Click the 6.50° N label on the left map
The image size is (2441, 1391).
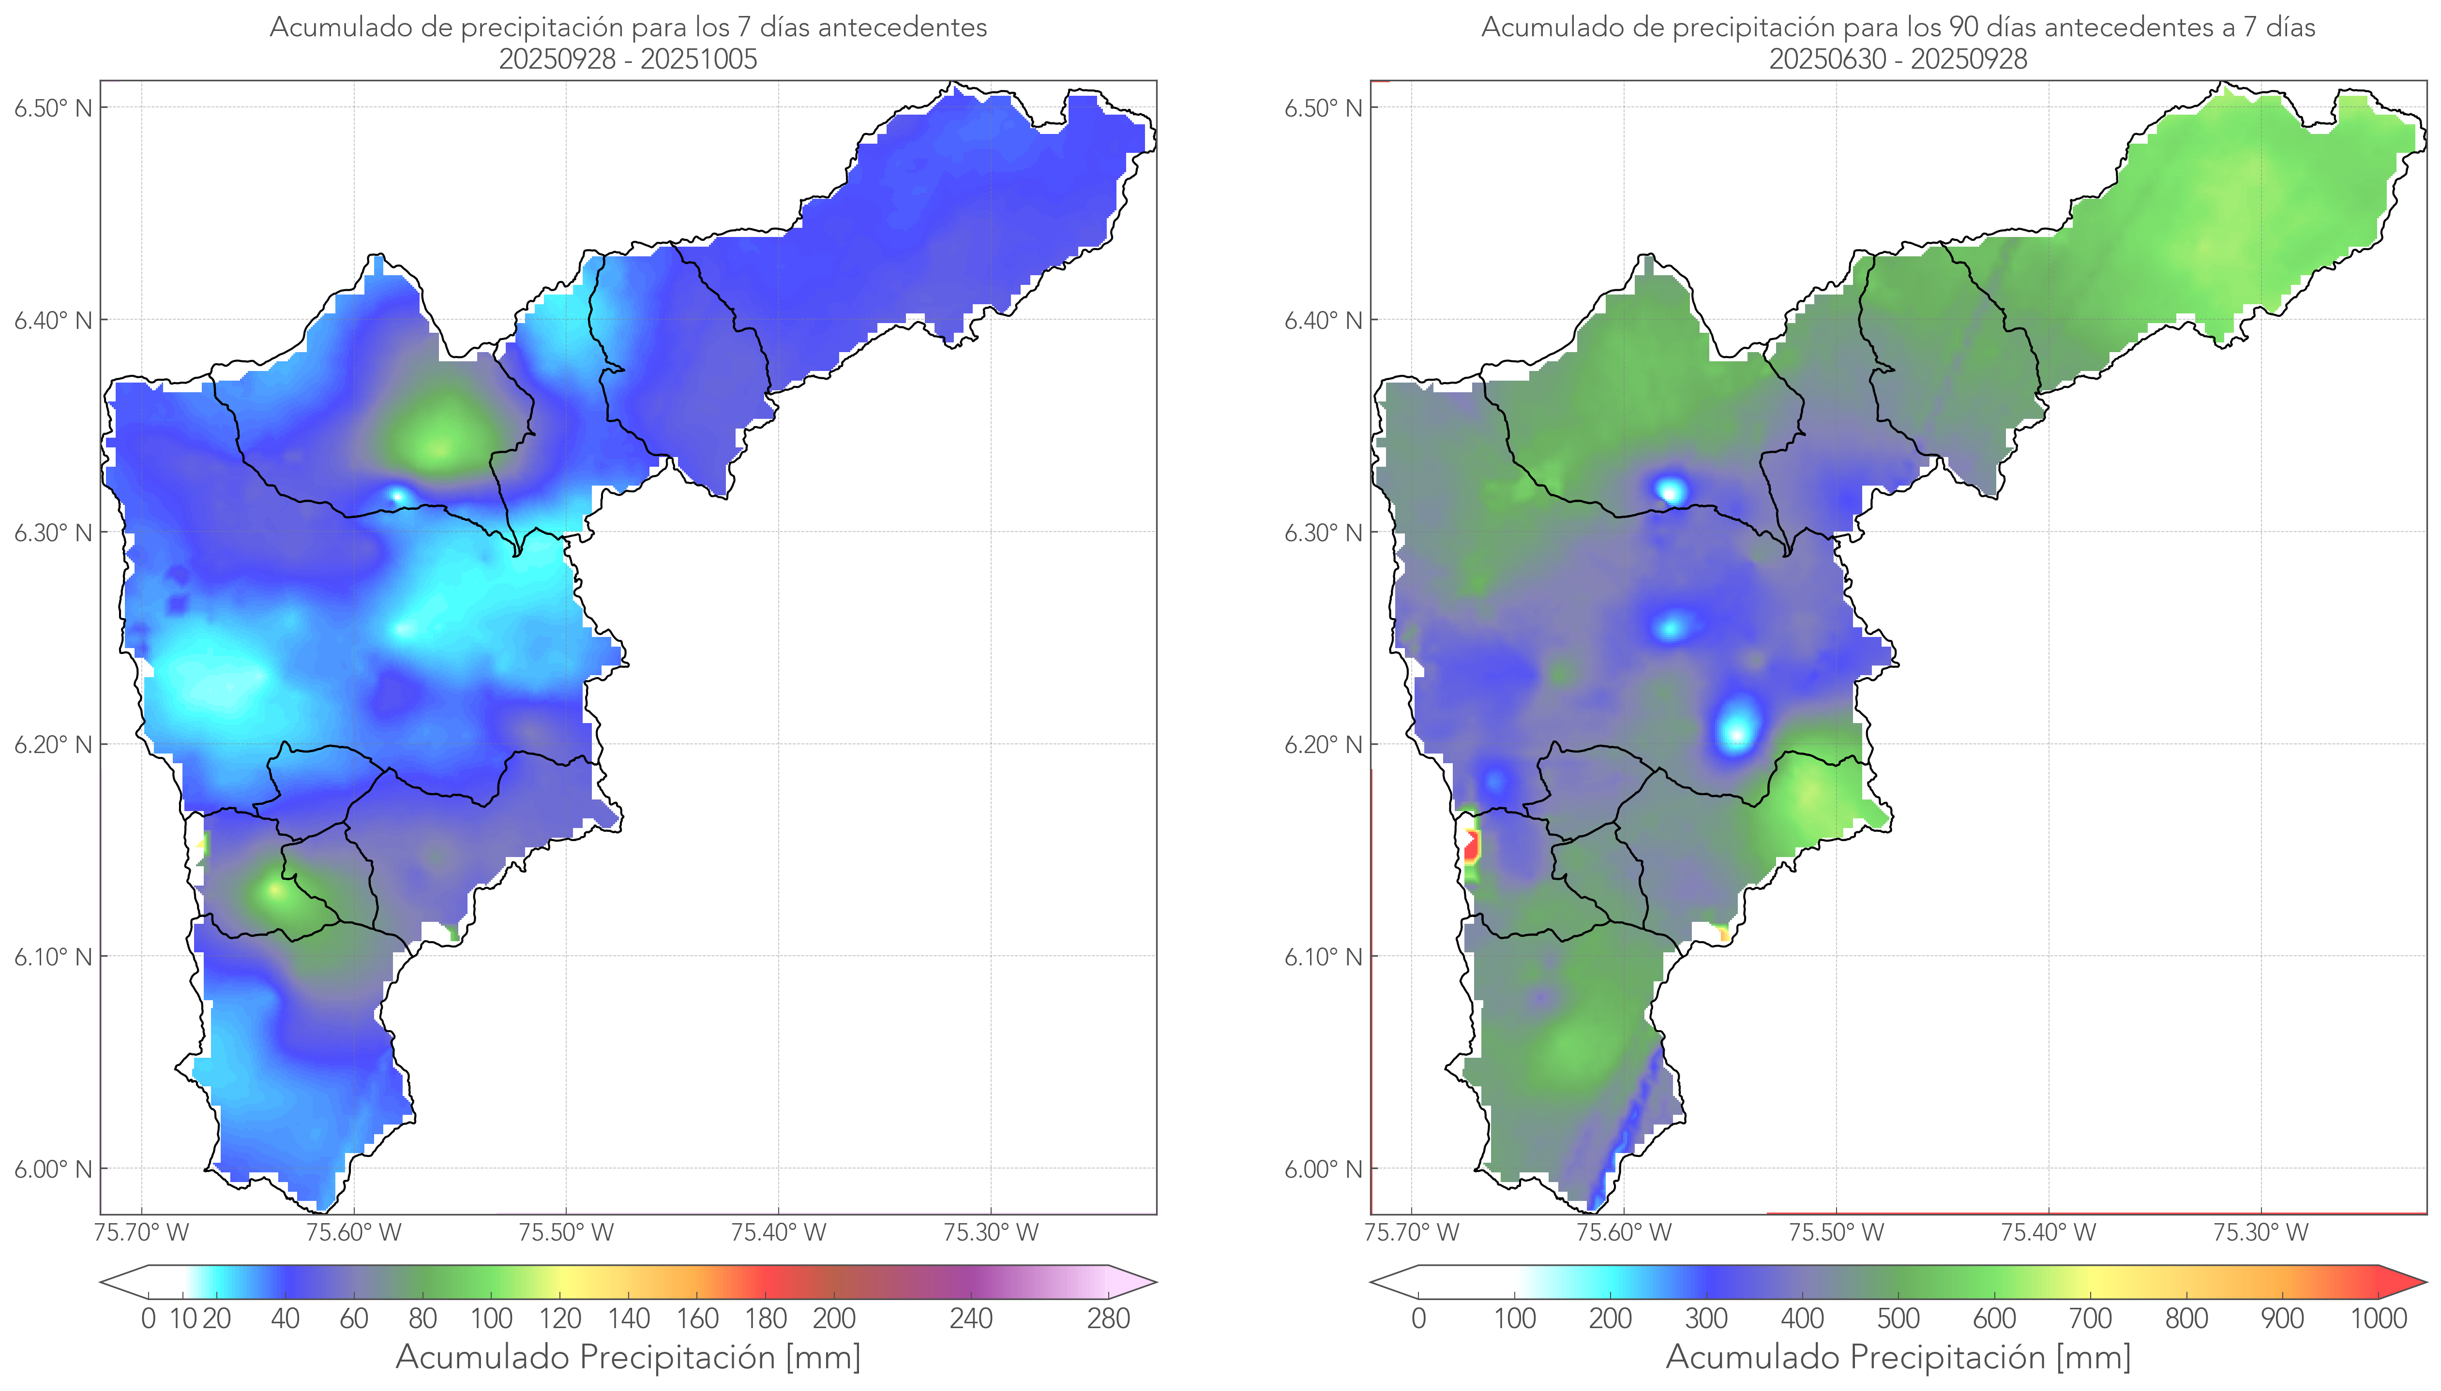(53, 108)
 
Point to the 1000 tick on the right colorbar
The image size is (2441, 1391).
(2378, 1318)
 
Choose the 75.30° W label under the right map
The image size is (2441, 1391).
(2260, 1232)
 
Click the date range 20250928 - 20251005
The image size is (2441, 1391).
(628, 59)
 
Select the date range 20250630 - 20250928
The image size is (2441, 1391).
(1897, 59)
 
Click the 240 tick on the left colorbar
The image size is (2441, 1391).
(971, 1318)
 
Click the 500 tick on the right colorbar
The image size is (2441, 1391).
(1898, 1318)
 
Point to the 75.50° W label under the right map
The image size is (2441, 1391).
(1836, 1232)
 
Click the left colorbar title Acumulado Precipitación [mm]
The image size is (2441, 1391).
(628, 1357)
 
